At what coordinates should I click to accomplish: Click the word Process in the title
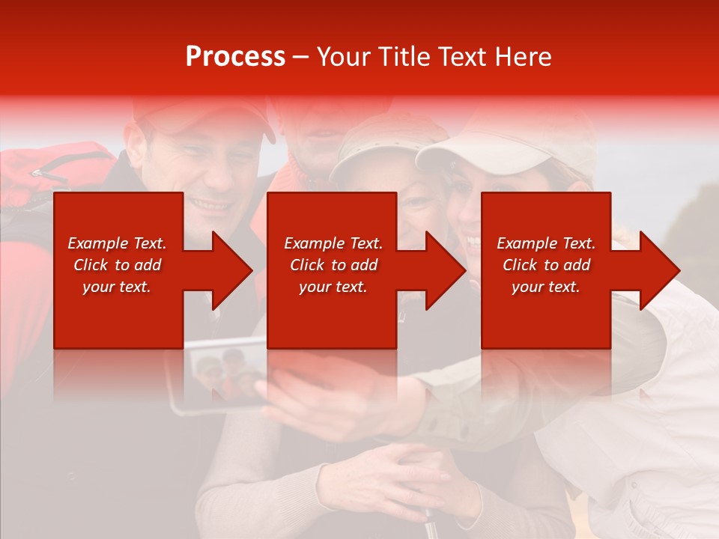(x=235, y=57)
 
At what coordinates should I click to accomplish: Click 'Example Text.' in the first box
(x=117, y=243)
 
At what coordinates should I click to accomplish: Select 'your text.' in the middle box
(x=333, y=287)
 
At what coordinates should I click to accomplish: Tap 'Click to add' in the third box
(x=546, y=265)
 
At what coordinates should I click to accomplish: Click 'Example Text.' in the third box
(x=546, y=243)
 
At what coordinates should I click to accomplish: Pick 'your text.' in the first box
(x=117, y=287)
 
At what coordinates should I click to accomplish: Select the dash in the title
(x=301, y=57)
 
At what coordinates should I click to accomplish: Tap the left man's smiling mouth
(x=210, y=204)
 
